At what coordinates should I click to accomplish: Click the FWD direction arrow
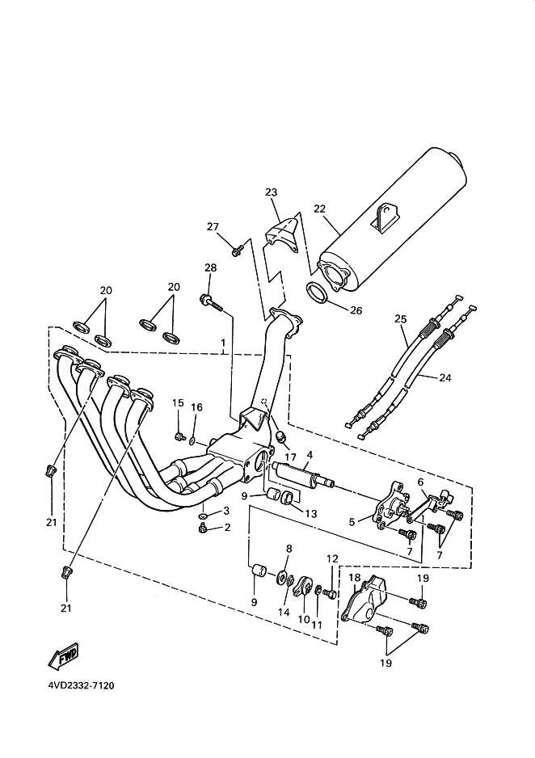coord(63,655)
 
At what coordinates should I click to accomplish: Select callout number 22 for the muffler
coord(319,208)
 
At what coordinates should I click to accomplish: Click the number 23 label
coord(271,192)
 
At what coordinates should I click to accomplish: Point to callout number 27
coord(213,226)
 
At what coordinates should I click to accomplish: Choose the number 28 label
coord(210,267)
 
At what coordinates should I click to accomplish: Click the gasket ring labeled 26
coord(316,294)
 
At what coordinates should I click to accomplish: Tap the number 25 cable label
coord(401,319)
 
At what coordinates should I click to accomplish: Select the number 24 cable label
coord(444,377)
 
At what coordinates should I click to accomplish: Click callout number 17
coord(290,457)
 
